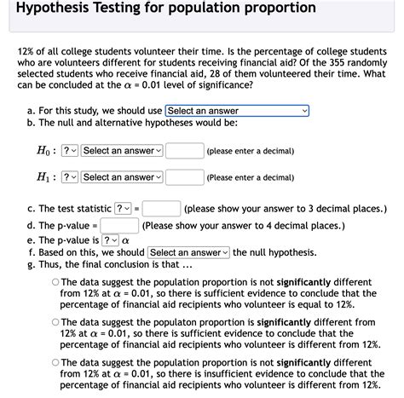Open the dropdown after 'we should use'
[237, 111]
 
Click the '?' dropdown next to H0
[70, 151]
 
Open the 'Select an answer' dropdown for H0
[122, 151]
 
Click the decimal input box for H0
[183, 151]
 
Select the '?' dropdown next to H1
[70, 177]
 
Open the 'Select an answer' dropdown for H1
[122, 177]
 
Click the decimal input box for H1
[183, 177]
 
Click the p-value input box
[120, 226]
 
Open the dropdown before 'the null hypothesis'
[188, 252]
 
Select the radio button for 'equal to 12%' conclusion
[55, 282]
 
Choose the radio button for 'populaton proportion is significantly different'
[55, 323]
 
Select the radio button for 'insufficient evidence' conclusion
[55, 362]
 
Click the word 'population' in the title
[234, 8]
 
